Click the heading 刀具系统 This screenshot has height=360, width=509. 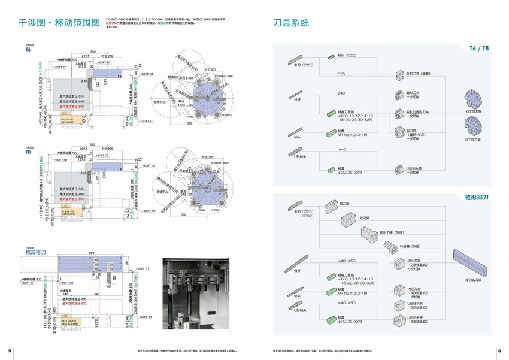(x=292, y=23)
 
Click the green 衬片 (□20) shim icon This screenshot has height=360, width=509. (x=331, y=56)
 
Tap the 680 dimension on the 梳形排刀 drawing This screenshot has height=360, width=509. (x=92, y=253)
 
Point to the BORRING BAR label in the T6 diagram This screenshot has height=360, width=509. (x=222, y=77)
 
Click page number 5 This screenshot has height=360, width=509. (x=9, y=350)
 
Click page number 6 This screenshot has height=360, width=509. (x=499, y=350)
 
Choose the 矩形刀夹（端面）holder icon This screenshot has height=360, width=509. (x=400, y=75)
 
